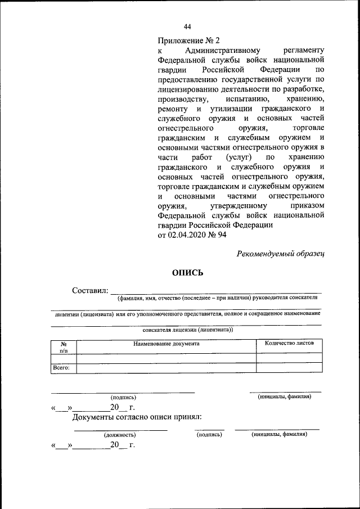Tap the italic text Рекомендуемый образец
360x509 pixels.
coord(281,253)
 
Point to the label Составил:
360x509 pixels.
coord(89,290)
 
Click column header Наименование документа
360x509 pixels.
coord(166,343)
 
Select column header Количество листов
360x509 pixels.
coord(289,343)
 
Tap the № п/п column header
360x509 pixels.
coord(64,346)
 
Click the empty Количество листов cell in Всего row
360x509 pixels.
coord(289,368)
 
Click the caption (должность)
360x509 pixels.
coord(119,435)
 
